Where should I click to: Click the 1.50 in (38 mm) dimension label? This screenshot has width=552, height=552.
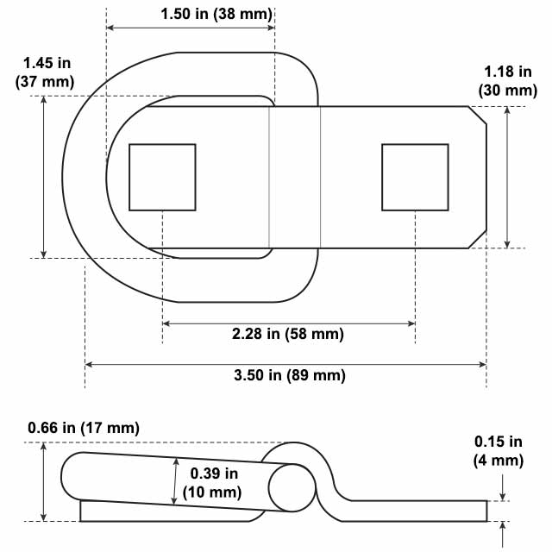coord(216,14)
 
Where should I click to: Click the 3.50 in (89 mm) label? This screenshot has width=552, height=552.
coord(290,375)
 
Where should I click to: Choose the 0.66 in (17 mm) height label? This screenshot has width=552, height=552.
coord(83,428)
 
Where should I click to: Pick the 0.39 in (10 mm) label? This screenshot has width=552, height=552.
coord(215,483)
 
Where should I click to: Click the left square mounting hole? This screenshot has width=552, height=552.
coord(162,177)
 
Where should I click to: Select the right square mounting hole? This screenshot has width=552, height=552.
coord(415,177)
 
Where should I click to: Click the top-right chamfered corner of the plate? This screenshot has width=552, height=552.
coord(478,115)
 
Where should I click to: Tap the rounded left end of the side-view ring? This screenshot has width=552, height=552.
coord(69,476)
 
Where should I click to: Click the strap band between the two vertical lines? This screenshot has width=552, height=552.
coord(294,177)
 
